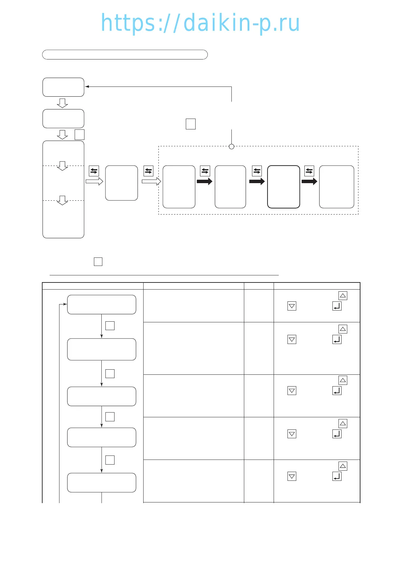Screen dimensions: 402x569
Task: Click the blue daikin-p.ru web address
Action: (200, 23)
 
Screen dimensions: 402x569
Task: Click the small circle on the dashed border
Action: (231, 147)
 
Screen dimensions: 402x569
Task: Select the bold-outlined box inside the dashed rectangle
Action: (283, 187)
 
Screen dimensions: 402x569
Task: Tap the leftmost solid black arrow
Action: (204, 181)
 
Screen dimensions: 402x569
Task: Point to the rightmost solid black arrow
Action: (309, 181)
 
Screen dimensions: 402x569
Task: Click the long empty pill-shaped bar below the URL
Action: (125, 55)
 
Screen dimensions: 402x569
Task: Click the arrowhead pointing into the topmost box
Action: (87, 87)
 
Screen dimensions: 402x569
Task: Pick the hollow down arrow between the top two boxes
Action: (62, 103)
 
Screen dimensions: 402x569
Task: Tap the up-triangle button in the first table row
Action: (343, 296)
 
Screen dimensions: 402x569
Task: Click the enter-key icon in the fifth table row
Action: (337, 476)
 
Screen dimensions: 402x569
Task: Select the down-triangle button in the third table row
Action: (292, 391)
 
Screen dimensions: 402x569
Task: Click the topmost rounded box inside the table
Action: (101, 304)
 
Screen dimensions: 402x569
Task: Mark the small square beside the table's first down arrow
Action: (110, 326)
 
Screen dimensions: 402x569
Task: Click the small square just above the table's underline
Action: (98, 262)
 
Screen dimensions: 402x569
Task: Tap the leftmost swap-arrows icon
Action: (94, 171)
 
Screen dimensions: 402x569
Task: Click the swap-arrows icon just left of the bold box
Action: (257, 171)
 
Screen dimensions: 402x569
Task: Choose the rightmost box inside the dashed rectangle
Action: (336, 187)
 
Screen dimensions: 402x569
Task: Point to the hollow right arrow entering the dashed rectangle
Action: (151, 182)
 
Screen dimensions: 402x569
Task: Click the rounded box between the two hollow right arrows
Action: (122, 183)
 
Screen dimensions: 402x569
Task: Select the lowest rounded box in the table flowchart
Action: (101, 483)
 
